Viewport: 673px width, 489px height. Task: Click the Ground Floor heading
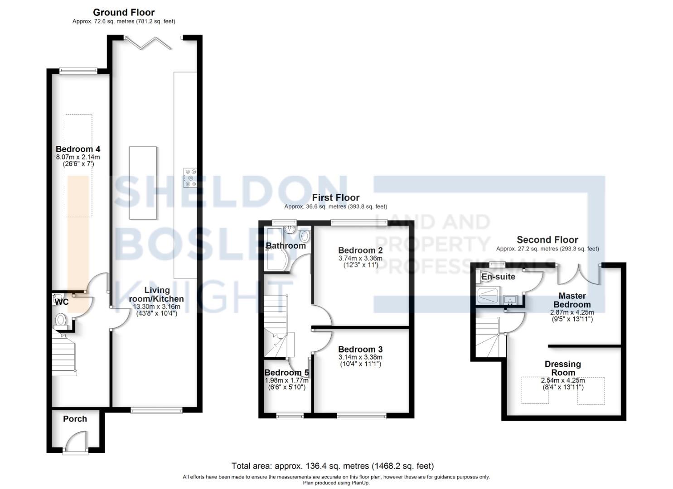124,13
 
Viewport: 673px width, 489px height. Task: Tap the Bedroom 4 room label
78,149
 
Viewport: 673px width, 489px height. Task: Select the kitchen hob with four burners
190,177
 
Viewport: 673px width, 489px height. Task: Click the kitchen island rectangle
143,183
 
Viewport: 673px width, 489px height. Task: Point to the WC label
62,302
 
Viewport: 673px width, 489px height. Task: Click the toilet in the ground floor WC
61,320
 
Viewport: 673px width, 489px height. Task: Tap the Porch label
75,419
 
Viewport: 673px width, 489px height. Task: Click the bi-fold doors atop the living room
148,43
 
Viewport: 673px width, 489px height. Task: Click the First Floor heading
335,198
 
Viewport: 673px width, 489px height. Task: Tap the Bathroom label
286,246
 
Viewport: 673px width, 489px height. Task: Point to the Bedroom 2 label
360,250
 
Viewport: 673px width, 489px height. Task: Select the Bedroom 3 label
360,349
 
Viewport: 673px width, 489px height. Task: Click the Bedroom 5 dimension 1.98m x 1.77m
286,380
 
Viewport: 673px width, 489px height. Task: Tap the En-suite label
498,277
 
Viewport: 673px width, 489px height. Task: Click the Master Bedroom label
572,300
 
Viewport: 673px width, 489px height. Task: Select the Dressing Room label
563,368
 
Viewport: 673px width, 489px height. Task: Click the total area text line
332,466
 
